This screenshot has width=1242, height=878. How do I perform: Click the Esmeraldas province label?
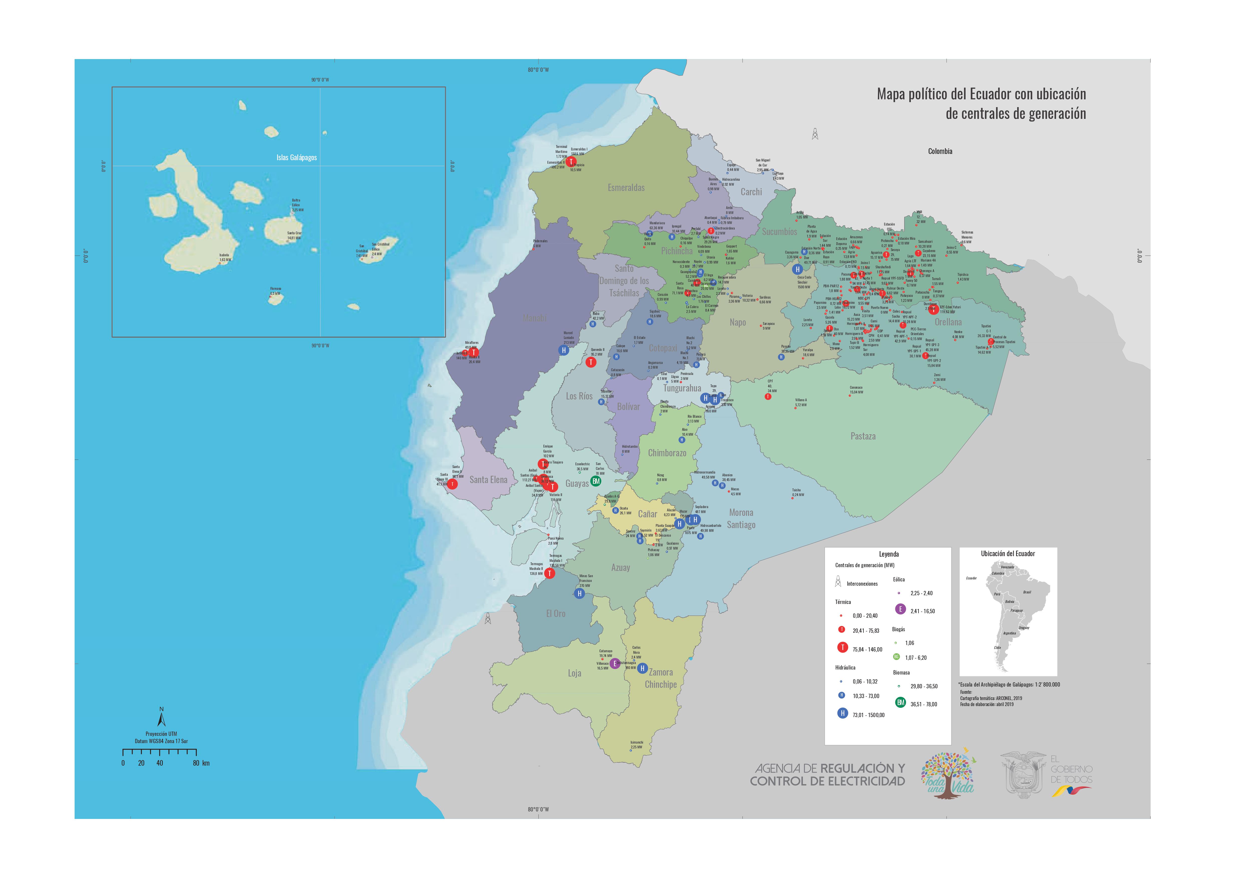tap(626, 188)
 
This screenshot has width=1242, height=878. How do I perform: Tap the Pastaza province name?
tap(863, 436)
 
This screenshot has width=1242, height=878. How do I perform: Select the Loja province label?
tap(575, 673)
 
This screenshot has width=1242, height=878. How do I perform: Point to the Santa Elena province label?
tap(488, 480)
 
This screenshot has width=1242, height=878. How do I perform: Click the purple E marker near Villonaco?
tap(615, 663)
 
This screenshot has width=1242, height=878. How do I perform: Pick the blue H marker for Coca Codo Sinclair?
tap(797, 269)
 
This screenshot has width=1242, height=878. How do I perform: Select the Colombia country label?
tap(940, 151)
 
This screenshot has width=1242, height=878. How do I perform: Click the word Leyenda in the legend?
tap(889, 554)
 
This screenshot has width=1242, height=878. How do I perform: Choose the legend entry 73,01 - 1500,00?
tap(868, 715)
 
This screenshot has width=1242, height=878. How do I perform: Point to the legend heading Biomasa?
tap(901, 673)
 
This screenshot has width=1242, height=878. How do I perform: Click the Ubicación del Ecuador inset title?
tap(1008, 554)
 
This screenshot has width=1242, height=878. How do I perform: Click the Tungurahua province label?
tap(682, 388)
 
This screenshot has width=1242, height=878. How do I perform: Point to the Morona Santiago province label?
tap(741, 519)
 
